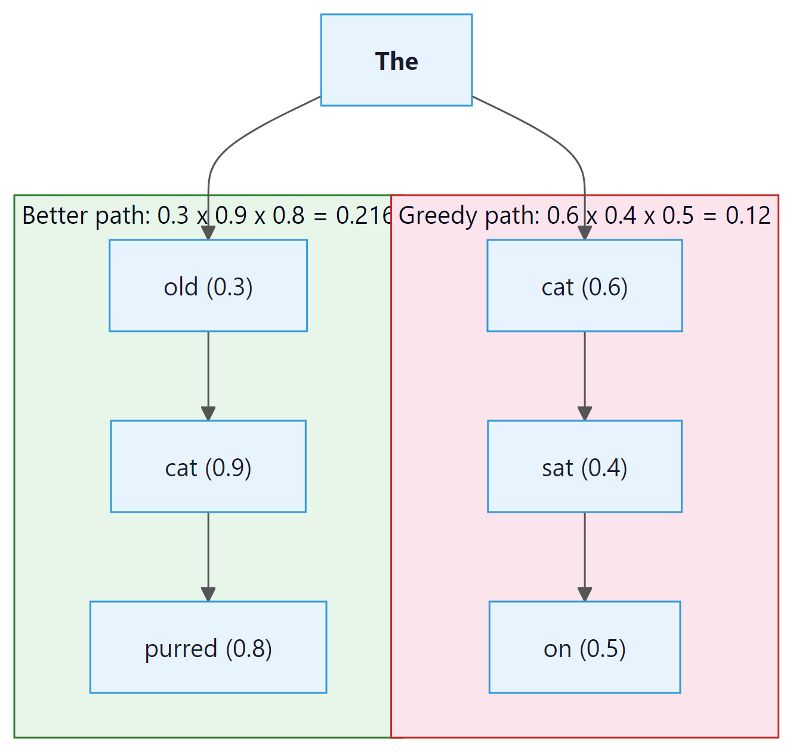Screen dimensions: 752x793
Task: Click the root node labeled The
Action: [396, 60]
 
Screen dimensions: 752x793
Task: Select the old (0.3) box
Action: [208, 286]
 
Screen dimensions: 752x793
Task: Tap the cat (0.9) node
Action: [208, 467]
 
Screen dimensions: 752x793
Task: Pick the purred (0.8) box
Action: [208, 648]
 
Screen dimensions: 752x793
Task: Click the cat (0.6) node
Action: [584, 286]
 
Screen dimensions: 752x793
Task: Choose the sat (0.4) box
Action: [584, 467]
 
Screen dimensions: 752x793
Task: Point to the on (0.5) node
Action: [584, 648]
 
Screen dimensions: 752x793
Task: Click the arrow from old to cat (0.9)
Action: [208, 373]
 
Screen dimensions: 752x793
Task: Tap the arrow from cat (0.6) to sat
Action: [585, 373]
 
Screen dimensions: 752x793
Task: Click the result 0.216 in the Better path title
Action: [364, 215]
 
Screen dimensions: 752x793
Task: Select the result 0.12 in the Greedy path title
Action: [748, 215]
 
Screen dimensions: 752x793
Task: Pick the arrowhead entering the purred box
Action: [208, 594]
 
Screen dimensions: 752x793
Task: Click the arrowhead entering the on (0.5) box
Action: [585, 594]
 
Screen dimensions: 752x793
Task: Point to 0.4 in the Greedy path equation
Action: [621, 215]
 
